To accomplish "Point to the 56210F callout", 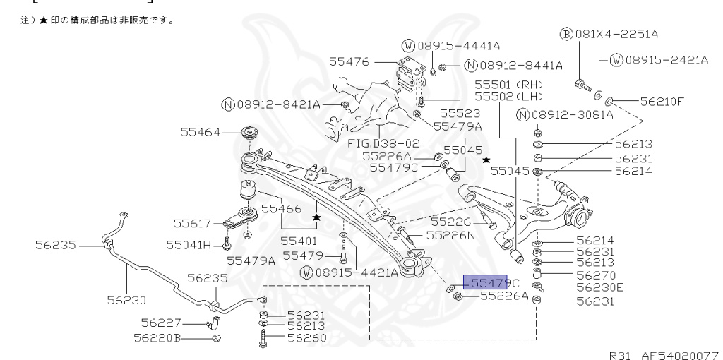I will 662,101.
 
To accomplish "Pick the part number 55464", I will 203,132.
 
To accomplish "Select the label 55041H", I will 189,245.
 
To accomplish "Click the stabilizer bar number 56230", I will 126,299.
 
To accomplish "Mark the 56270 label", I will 595,275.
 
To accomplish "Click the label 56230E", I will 599,287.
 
